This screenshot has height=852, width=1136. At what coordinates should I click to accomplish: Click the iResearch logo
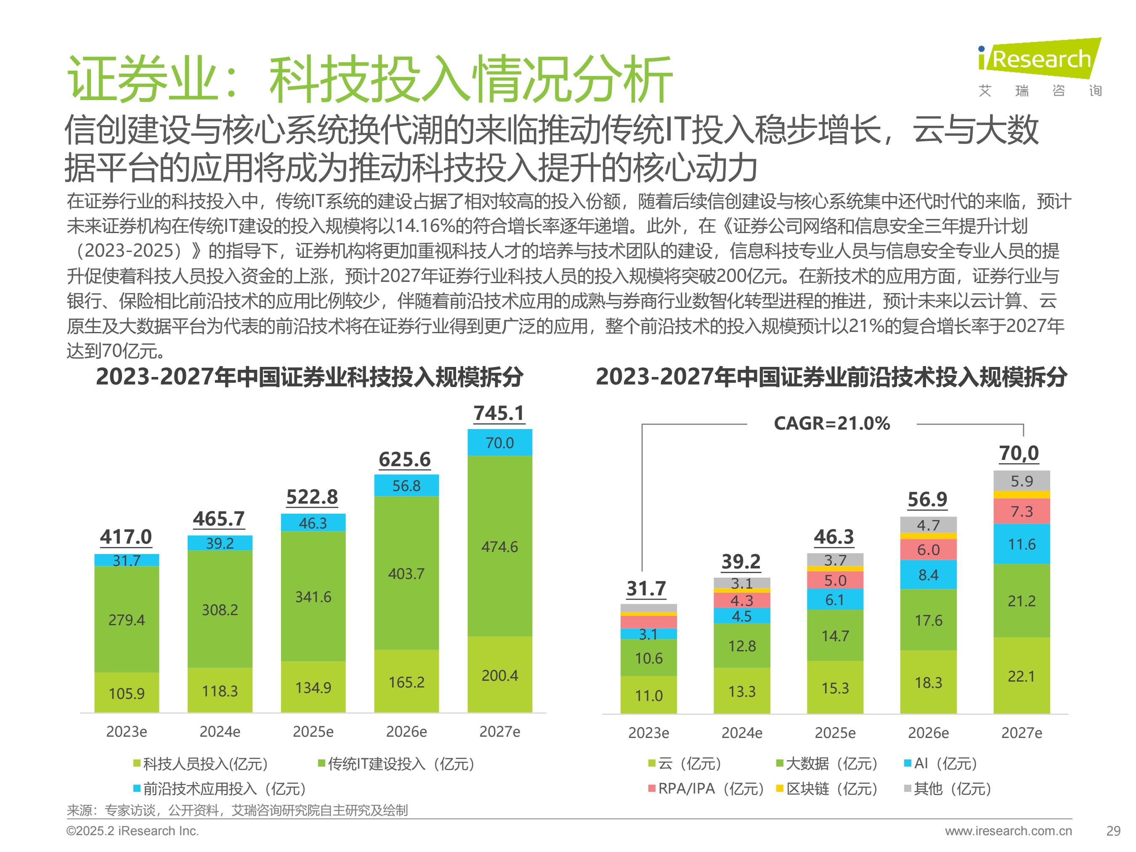(1040, 67)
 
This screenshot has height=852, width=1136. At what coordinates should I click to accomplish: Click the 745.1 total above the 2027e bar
(499, 413)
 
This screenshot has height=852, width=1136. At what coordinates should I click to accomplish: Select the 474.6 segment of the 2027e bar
(500, 546)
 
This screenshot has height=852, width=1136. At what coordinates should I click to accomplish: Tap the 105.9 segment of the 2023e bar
(127, 692)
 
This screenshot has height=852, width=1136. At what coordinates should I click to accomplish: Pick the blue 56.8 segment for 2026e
(406, 485)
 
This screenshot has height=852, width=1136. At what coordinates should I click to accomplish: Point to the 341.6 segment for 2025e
(313, 596)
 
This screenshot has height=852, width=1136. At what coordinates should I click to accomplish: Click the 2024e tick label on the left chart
(220, 731)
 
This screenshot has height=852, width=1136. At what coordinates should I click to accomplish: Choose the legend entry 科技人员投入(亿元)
(201, 764)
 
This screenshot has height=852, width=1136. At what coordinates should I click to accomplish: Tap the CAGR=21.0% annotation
(831, 423)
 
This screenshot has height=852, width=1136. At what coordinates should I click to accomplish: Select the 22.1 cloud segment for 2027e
(1022, 675)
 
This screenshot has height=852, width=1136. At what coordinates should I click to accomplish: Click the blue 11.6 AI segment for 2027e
(1022, 544)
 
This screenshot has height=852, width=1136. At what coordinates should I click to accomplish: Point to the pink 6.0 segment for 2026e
(929, 549)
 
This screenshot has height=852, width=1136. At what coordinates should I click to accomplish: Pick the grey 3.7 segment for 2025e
(835, 560)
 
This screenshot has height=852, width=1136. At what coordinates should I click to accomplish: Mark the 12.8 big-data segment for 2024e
(742, 645)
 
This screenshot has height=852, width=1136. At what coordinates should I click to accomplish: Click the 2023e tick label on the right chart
(649, 733)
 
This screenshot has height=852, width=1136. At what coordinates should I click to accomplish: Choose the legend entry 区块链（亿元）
(827, 788)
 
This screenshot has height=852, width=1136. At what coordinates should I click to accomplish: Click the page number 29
(1113, 831)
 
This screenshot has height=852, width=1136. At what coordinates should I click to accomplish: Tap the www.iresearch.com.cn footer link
(1009, 831)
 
